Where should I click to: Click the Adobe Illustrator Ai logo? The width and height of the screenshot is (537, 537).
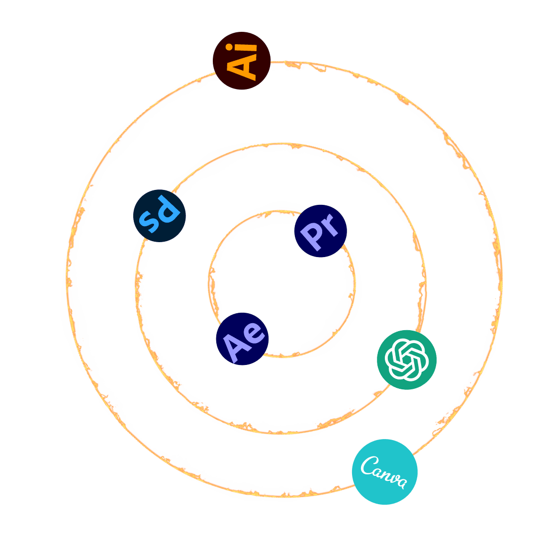242,61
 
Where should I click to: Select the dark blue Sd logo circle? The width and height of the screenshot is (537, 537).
160,216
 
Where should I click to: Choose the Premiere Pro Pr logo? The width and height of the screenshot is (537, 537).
320,231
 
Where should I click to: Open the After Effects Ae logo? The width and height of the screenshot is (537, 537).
242,339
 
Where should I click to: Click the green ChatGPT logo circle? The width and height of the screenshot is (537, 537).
406,359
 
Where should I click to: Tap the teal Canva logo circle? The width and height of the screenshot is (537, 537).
384,471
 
